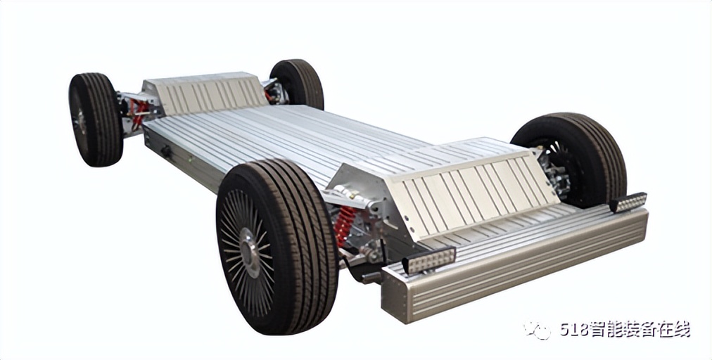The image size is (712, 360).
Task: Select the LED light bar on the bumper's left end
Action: (x=429, y=259)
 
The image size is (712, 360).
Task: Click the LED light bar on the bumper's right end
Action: (x=628, y=202)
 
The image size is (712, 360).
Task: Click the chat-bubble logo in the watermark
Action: (x=538, y=330)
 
